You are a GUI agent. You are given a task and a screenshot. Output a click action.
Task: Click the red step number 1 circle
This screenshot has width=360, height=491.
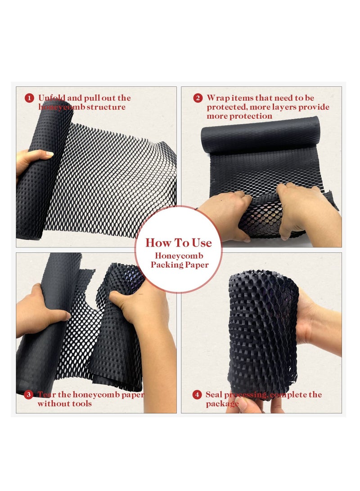29,98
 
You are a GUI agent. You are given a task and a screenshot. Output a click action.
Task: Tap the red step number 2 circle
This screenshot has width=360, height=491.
198,98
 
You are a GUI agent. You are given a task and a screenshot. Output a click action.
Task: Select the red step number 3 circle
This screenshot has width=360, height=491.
29,395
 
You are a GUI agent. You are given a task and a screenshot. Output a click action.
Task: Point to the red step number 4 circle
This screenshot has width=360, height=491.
197,395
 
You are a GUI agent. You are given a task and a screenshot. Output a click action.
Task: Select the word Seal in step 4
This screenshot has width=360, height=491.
215,395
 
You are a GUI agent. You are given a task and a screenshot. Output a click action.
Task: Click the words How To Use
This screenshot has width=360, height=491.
178,243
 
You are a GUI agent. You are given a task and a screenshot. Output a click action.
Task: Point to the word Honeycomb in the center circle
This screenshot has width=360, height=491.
179,256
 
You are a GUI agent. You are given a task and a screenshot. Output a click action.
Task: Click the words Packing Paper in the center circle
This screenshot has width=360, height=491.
180,265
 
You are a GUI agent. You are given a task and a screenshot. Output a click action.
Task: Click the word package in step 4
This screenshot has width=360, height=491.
222,404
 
